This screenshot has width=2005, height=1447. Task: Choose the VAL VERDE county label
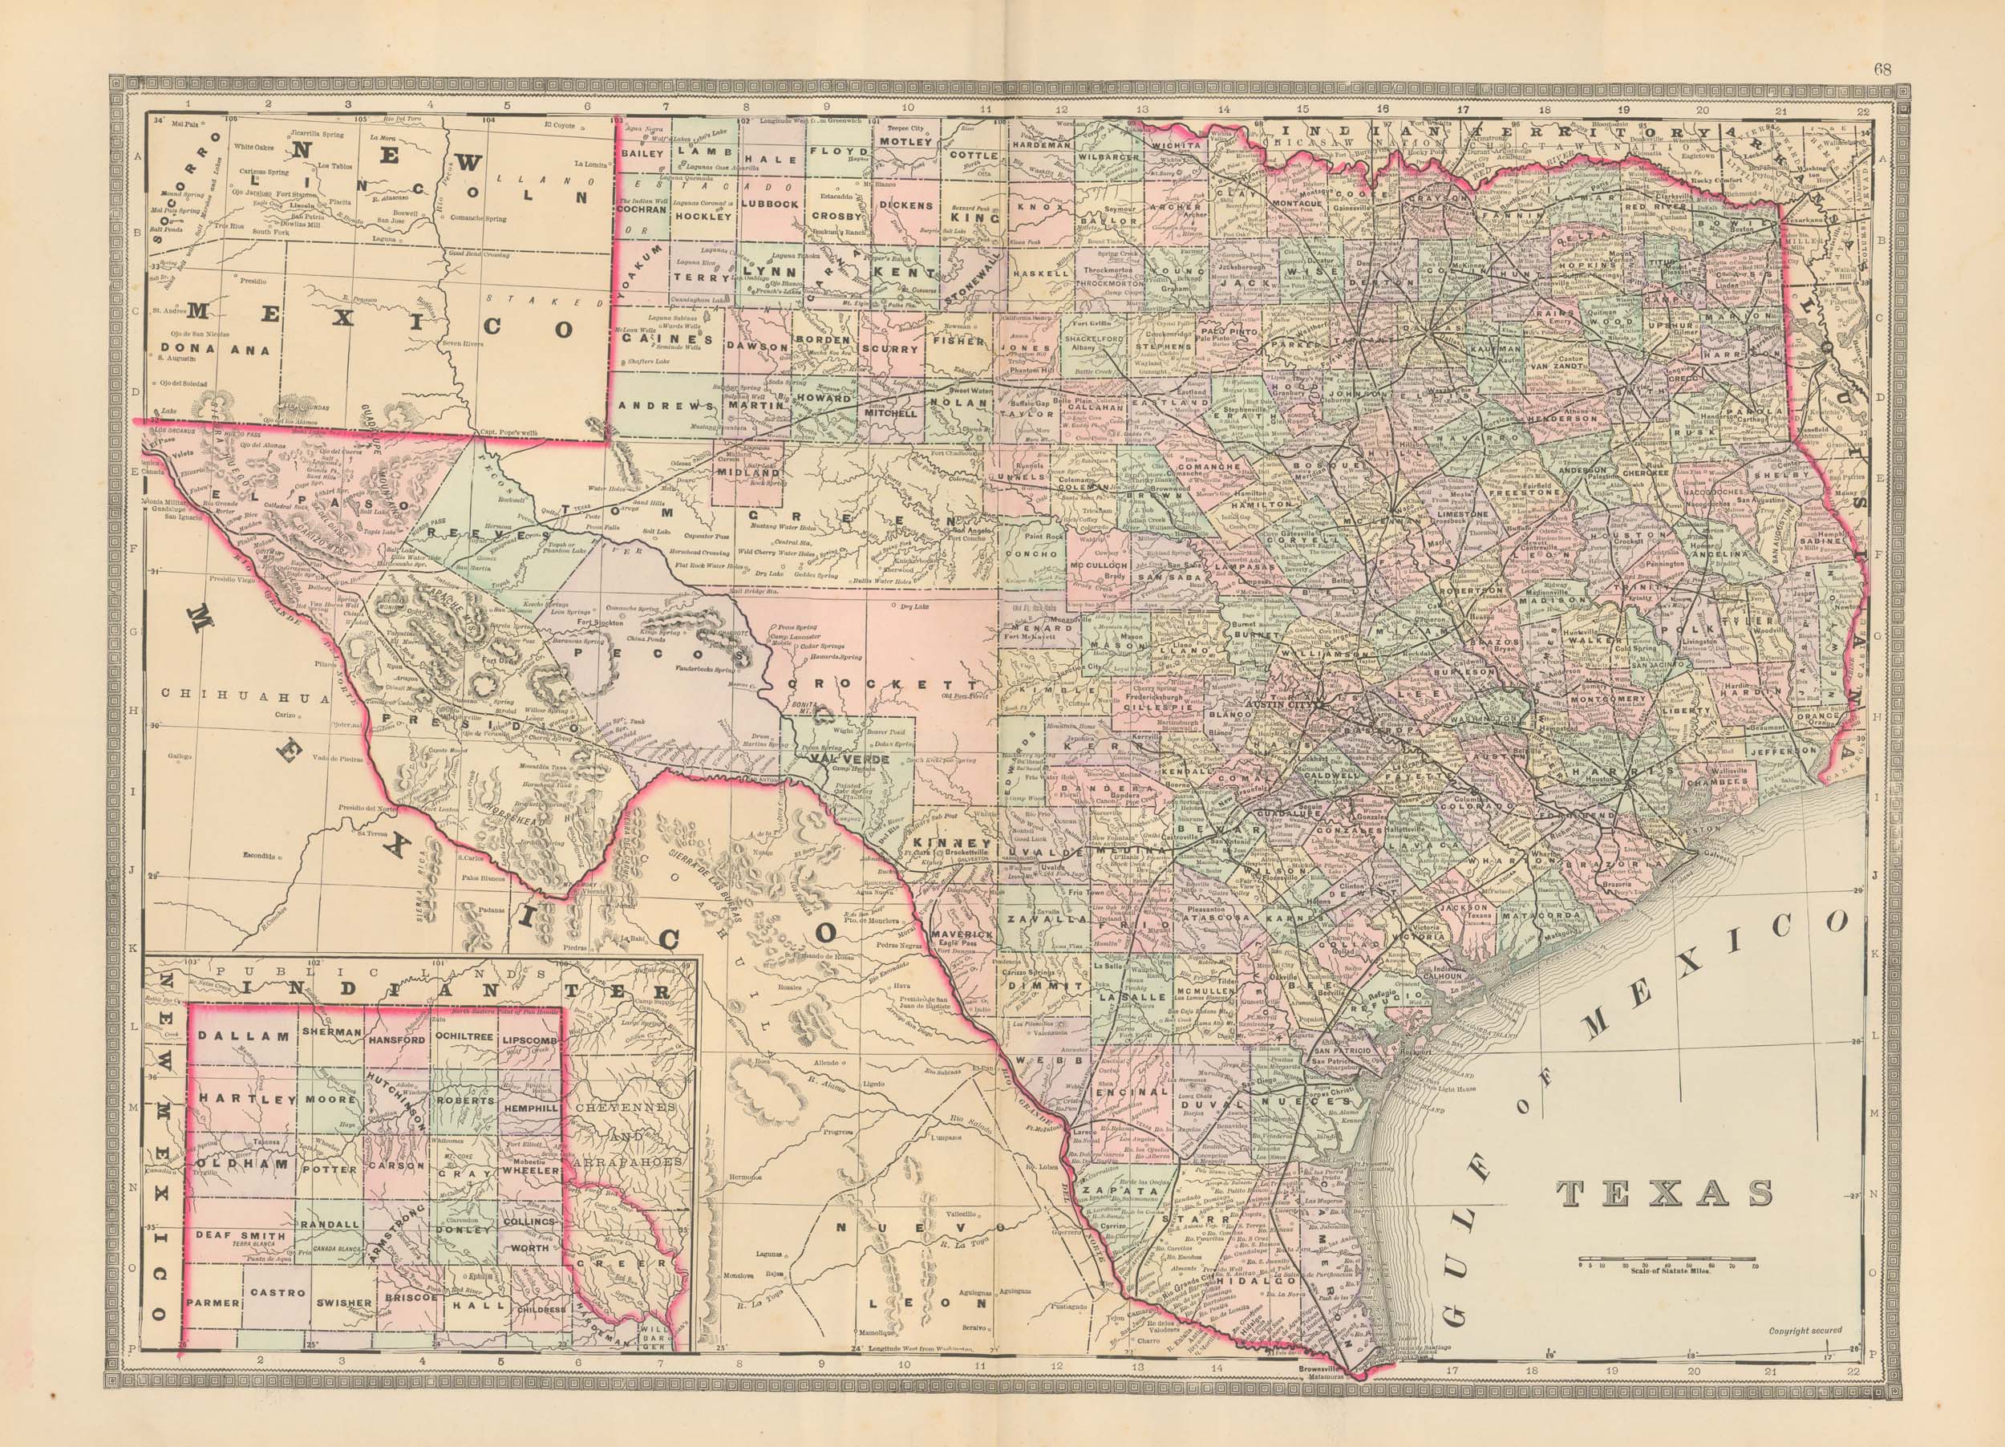coord(847,759)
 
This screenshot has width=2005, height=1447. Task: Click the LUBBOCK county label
coord(770,203)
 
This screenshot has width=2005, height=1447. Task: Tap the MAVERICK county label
coord(966,934)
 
